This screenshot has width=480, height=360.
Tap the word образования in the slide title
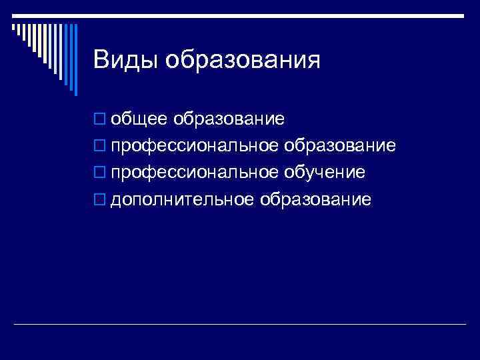coord(243,61)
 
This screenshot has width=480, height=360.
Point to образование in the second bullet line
coord(340,146)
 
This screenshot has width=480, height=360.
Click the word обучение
coord(325,173)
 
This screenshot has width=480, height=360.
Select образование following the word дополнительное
coord(316,199)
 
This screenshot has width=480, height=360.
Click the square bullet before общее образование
coord(100,120)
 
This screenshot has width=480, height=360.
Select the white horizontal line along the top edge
coord(240,15)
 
